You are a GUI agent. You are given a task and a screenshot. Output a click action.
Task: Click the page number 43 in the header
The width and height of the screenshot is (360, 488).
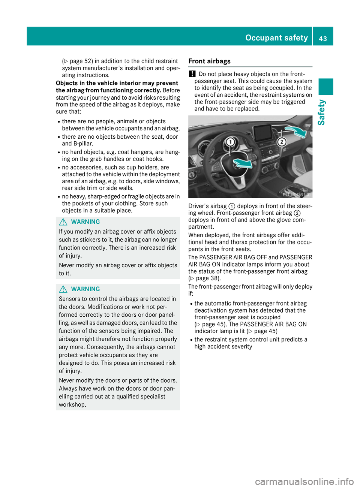(323, 38)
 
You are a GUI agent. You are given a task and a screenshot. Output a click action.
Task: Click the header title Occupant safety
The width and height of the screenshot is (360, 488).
(276, 38)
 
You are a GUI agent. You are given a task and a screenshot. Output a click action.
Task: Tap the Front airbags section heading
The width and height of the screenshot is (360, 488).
(209, 61)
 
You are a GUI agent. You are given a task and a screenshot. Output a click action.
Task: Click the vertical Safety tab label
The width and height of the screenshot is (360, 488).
(321, 112)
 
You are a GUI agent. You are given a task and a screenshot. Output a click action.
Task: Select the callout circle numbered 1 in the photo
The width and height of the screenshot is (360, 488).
(230, 142)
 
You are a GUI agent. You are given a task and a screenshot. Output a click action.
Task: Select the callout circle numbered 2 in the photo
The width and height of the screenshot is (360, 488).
(282, 142)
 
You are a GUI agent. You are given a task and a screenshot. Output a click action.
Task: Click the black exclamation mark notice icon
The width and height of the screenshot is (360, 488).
(192, 74)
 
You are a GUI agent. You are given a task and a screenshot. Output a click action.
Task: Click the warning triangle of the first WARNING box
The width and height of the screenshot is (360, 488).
(63, 222)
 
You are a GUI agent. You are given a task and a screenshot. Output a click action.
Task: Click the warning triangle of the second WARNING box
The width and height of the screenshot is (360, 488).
(63, 289)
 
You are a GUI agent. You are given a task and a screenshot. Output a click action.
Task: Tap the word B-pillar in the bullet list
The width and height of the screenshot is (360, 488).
(83, 144)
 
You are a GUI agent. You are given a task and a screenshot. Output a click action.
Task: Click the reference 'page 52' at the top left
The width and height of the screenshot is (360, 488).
(81, 61)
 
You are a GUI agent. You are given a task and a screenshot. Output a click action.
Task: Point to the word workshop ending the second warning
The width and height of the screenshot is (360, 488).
(72, 405)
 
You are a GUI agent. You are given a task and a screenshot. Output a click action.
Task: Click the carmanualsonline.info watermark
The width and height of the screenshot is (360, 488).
(304, 481)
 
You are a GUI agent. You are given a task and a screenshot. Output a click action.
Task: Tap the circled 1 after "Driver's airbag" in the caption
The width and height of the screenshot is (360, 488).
(232, 206)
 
